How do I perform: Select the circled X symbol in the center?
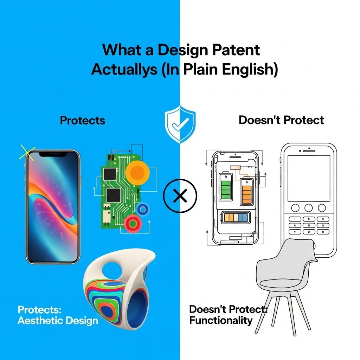(180, 196)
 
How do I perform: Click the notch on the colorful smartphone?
(52, 154)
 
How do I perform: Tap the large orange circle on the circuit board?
(137, 172)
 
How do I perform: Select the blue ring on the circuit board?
(142, 210)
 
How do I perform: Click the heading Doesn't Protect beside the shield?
(281, 120)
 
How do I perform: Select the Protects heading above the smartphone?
(83, 120)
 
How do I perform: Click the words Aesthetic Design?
(58, 320)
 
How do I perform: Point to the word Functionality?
(221, 320)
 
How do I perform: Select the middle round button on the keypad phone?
(308, 207)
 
